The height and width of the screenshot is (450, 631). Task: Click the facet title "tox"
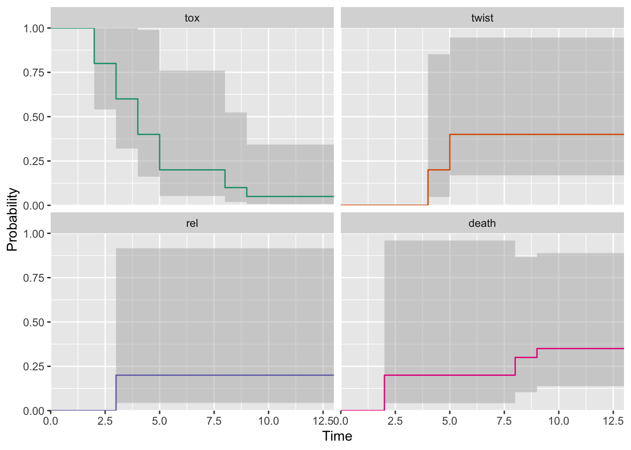(x=192, y=18)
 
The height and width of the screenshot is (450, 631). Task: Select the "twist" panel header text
(x=482, y=18)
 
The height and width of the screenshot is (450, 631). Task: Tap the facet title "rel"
(x=192, y=224)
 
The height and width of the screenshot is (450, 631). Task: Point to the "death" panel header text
(x=482, y=224)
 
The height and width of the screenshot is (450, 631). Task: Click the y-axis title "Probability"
(x=12, y=219)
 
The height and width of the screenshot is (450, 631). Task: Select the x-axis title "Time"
(x=337, y=436)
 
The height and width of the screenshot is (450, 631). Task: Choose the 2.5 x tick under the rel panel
(x=105, y=421)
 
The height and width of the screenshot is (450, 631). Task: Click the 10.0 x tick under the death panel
(x=559, y=421)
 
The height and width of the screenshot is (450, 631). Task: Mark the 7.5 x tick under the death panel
(x=504, y=421)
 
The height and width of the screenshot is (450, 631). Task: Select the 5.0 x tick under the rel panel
(x=160, y=421)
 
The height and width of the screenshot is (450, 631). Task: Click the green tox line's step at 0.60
(x=127, y=99)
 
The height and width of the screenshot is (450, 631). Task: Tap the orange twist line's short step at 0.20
(x=439, y=170)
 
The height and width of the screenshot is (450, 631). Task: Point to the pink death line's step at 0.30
(x=526, y=358)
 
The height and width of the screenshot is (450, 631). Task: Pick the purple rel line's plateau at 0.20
(x=225, y=375)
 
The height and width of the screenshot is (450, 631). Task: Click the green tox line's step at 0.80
(x=105, y=63)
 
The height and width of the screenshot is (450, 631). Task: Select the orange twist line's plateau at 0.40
(x=535, y=135)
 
